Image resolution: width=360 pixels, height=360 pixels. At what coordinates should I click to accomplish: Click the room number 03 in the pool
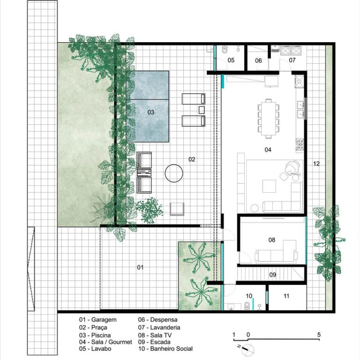pos(151,112)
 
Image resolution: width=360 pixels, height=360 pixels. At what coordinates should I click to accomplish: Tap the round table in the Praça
pos(174,173)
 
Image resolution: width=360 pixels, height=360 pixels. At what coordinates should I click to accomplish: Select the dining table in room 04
pos(269,119)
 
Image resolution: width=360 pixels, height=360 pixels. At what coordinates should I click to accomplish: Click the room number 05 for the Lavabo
pos(231,60)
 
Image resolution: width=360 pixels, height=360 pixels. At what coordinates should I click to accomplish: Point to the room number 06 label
pos(259,60)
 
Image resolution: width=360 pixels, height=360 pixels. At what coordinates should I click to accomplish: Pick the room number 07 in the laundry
pos(292,60)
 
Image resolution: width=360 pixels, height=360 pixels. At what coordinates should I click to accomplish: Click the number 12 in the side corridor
pos(316,164)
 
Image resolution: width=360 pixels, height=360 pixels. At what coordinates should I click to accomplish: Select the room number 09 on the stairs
pos(272,275)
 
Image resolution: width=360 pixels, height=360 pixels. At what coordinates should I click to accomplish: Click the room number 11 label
pos(286,296)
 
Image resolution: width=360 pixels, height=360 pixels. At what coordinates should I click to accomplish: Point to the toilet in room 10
pos(247,306)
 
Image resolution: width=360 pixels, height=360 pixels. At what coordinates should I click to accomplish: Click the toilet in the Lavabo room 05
pos(225,49)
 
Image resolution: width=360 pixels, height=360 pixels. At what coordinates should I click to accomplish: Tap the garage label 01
pos(140,268)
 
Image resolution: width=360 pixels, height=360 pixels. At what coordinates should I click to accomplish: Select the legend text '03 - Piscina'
pos(95,335)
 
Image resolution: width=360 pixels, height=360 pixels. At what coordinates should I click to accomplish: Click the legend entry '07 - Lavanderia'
pos(159,327)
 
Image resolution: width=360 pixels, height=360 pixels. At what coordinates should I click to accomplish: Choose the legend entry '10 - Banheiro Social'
pos(165,349)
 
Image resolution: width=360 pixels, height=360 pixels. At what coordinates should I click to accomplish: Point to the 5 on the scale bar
pos(319,335)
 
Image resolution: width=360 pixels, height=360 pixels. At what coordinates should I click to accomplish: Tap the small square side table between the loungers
pos(202,110)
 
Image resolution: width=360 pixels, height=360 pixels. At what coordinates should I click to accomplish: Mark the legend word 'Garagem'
pos(104,320)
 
